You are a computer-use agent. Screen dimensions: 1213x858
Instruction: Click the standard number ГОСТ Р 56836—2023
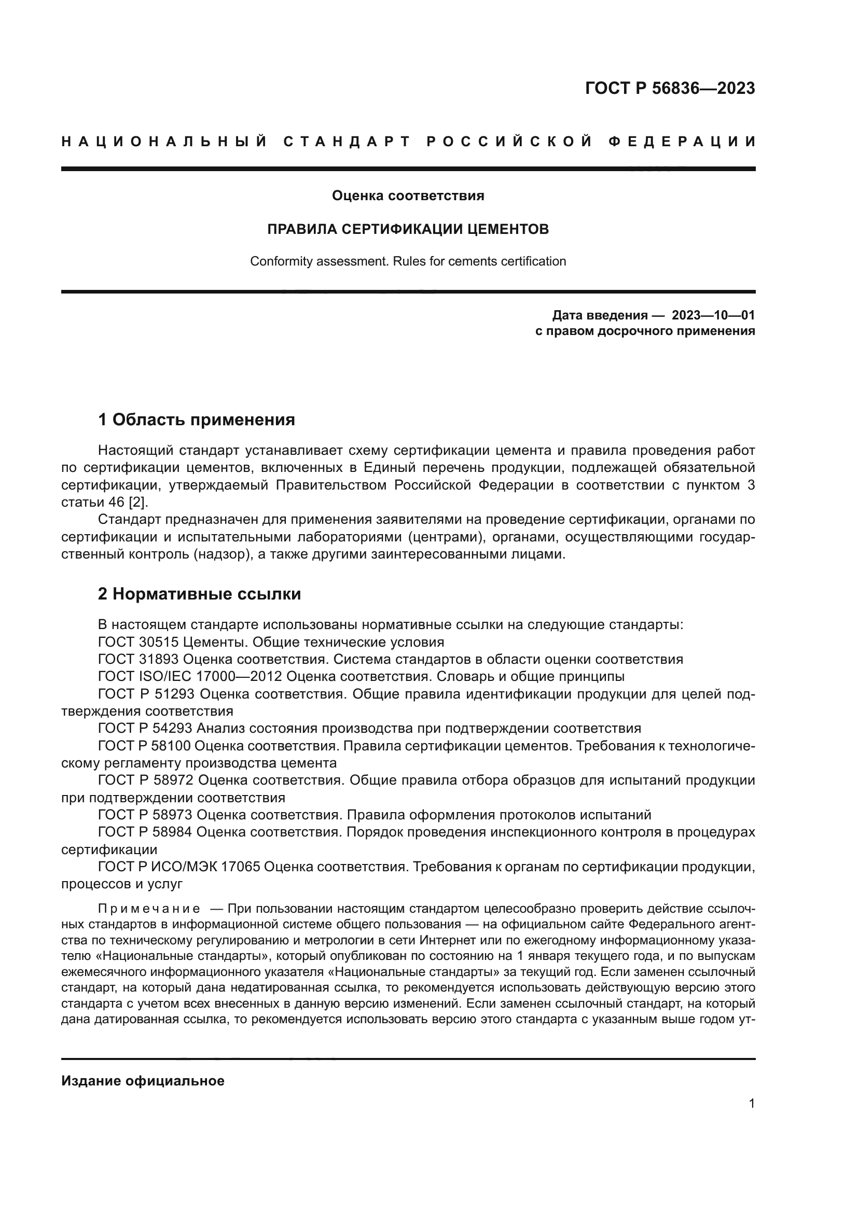click(670, 88)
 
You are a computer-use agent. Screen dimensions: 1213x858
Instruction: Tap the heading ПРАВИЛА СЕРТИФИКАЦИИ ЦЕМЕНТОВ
click(408, 229)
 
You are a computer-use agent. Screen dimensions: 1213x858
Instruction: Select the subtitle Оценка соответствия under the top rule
click(408, 196)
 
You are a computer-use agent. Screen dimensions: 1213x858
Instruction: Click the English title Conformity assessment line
click(408, 261)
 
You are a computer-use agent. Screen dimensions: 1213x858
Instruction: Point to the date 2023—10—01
click(713, 315)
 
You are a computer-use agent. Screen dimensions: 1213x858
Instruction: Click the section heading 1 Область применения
click(196, 420)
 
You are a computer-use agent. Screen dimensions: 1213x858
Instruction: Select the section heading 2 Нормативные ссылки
click(199, 594)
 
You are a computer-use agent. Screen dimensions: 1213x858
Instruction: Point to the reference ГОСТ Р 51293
click(146, 694)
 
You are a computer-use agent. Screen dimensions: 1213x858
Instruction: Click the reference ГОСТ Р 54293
click(146, 729)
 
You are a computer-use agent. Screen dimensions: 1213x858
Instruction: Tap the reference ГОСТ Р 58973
click(146, 815)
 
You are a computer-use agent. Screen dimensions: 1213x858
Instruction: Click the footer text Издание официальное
click(143, 1081)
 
